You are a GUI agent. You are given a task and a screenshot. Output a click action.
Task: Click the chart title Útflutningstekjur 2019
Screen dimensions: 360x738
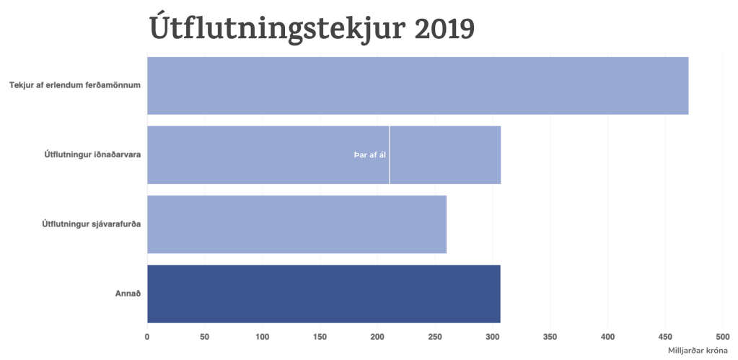pos(312,28)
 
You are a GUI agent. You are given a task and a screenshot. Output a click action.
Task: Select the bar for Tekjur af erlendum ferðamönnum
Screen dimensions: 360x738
pos(417,85)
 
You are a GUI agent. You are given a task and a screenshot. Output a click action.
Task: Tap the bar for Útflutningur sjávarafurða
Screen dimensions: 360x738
pos(296,224)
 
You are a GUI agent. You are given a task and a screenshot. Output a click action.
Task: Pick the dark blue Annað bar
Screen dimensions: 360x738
pos(323,294)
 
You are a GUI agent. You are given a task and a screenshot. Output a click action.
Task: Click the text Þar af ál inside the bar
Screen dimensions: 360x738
pos(369,155)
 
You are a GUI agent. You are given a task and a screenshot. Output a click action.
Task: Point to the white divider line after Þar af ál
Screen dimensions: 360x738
pos(389,155)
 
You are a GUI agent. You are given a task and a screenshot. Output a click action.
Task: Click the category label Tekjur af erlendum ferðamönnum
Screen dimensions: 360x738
pos(74,85)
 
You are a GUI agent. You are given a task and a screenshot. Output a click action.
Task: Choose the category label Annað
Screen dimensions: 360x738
pos(129,294)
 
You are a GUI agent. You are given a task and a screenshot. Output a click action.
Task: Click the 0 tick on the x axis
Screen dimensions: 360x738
pos(147,336)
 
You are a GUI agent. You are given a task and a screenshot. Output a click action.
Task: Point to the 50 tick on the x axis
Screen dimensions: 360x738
pos(205,336)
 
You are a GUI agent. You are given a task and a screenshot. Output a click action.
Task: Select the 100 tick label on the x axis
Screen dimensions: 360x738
pos(262,336)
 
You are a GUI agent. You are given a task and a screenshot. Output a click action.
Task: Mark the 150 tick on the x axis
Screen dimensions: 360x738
pos(320,336)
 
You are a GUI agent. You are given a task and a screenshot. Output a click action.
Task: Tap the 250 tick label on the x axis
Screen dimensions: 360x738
pos(435,336)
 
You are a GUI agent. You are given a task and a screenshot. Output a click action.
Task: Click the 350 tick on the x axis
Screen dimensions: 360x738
pos(550,336)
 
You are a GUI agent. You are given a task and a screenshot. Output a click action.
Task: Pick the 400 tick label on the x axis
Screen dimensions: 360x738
pos(607,336)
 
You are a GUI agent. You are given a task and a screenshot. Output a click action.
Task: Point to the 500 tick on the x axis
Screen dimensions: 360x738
pos(722,336)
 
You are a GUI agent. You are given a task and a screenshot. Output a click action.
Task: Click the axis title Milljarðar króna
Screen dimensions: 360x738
pos(698,351)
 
